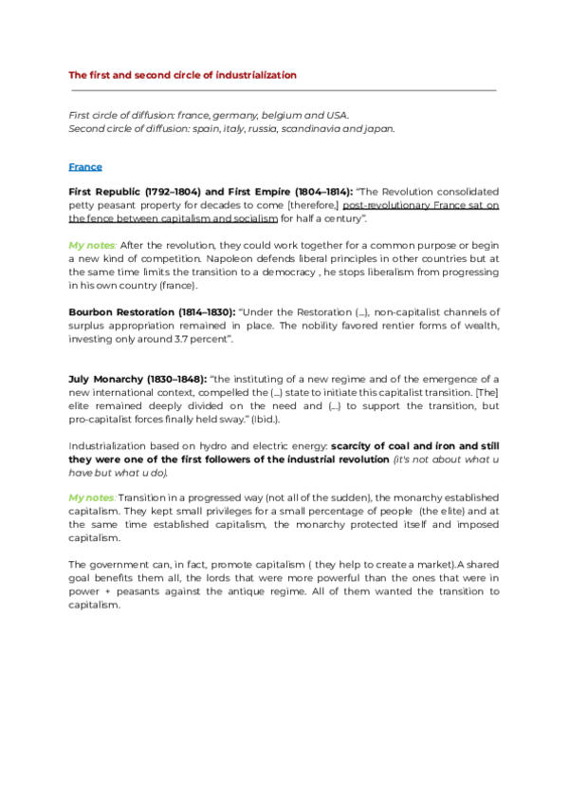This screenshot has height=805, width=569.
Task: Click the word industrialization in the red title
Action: (x=257, y=74)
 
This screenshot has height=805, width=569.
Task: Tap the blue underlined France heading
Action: (x=85, y=166)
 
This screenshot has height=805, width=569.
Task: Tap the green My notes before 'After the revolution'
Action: (x=92, y=245)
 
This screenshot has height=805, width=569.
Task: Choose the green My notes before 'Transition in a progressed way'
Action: (x=92, y=497)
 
